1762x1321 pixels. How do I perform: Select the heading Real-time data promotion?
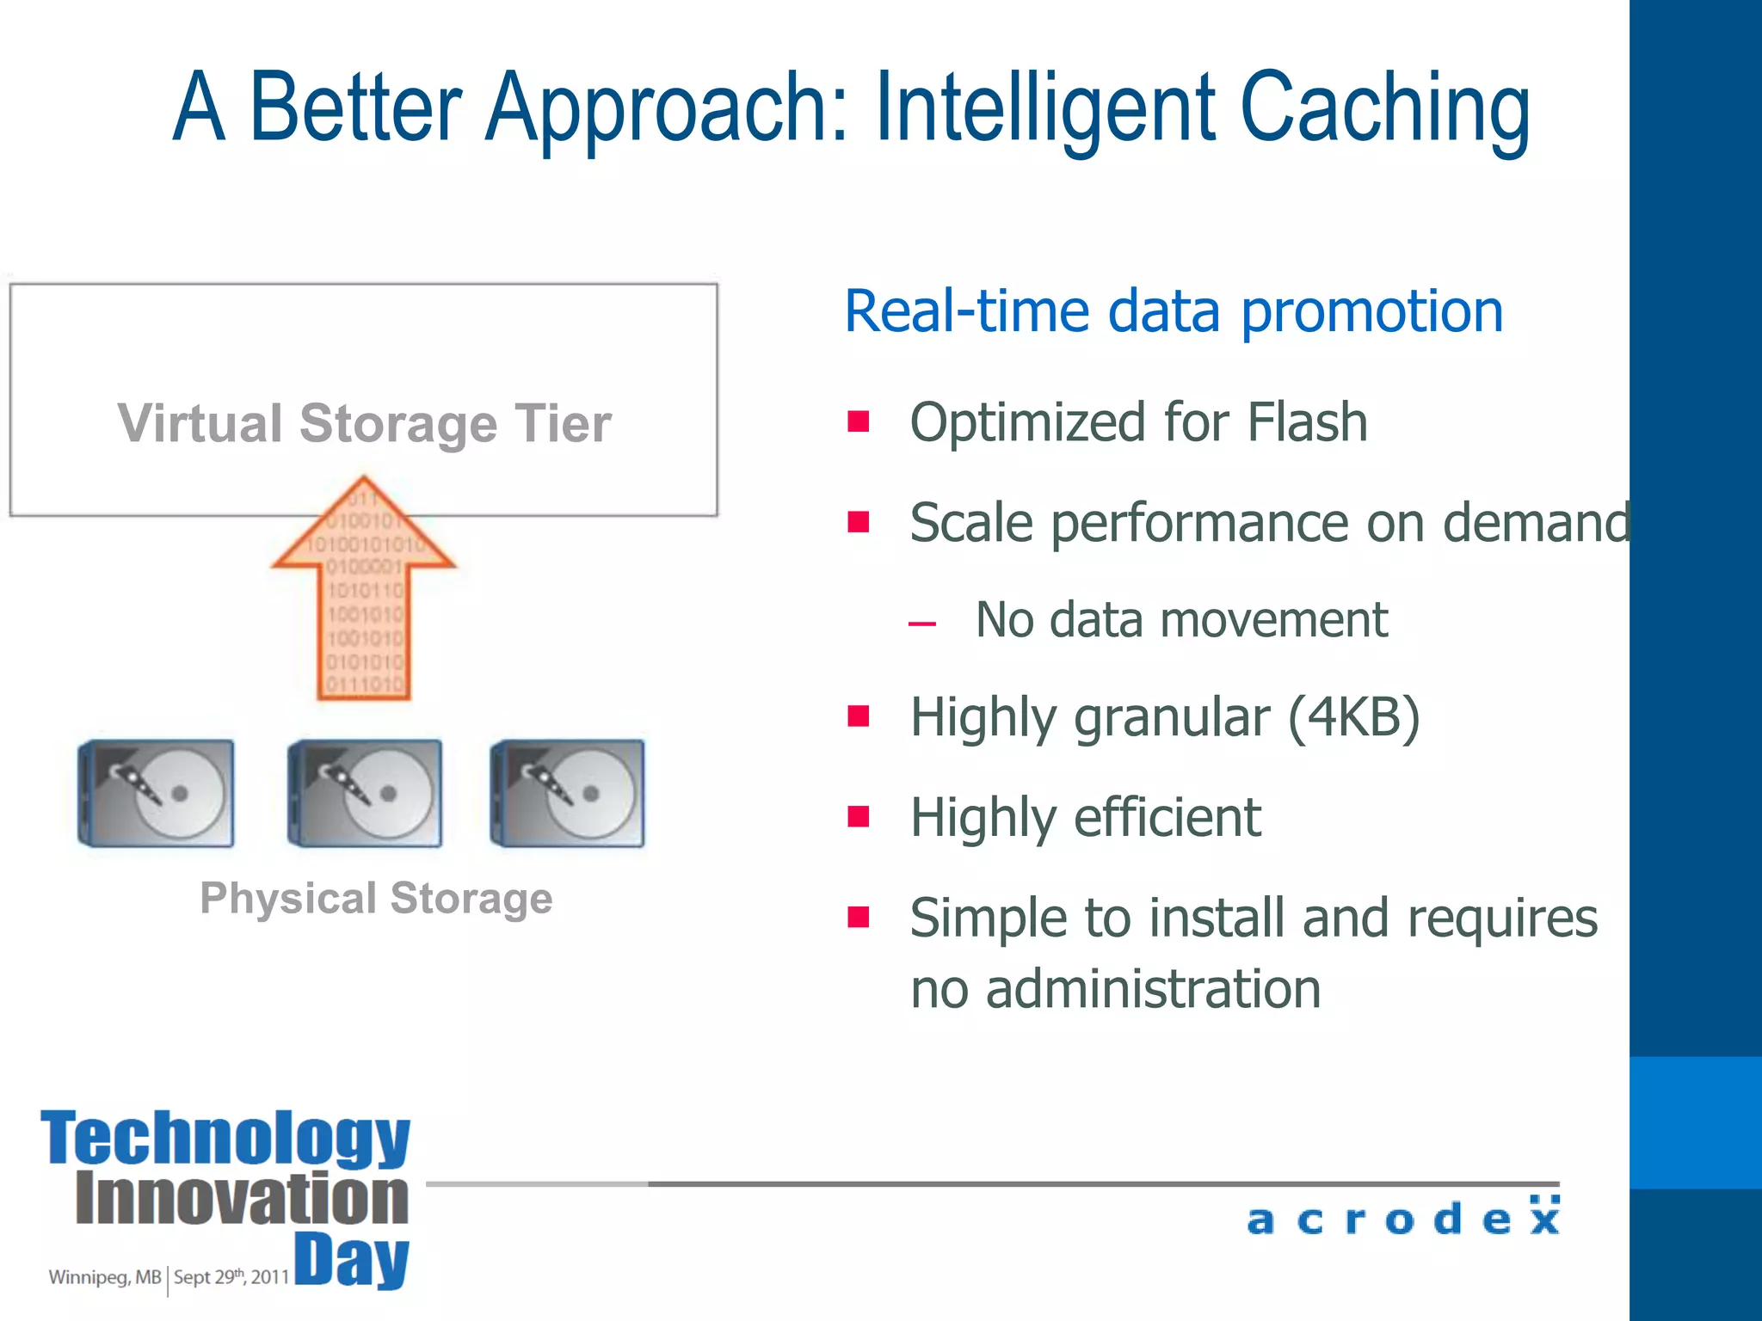pos(1174,311)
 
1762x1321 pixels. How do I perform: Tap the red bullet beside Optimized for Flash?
pos(858,421)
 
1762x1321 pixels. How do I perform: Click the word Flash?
pos(1307,423)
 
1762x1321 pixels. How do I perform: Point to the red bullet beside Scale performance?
pos(858,522)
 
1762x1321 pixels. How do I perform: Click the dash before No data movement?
pos(921,624)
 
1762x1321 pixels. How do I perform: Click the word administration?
pos(1153,989)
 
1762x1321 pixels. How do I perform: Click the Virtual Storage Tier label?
pos(364,423)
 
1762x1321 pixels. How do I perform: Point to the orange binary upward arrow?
pos(364,593)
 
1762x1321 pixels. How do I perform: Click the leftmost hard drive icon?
pos(157,793)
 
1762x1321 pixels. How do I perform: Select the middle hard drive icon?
pos(365,793)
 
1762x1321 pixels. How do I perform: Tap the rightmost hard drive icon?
pos(568,793)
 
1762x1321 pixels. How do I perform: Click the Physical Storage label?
pos(376,899)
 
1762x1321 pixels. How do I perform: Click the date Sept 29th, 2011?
pos(231,1277)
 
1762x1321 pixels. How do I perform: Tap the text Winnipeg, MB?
pos(104,1277)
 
